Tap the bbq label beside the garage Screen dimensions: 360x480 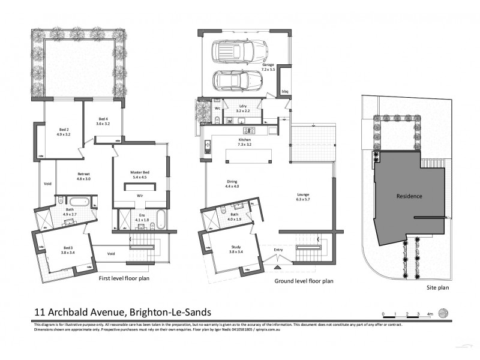[286, 92]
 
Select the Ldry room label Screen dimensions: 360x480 [242, 106]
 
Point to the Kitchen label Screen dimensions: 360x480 [244, 139]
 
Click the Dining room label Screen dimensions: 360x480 [232, 183]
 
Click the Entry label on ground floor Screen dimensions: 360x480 [278, 250]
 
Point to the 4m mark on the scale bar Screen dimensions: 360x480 [429, 313]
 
